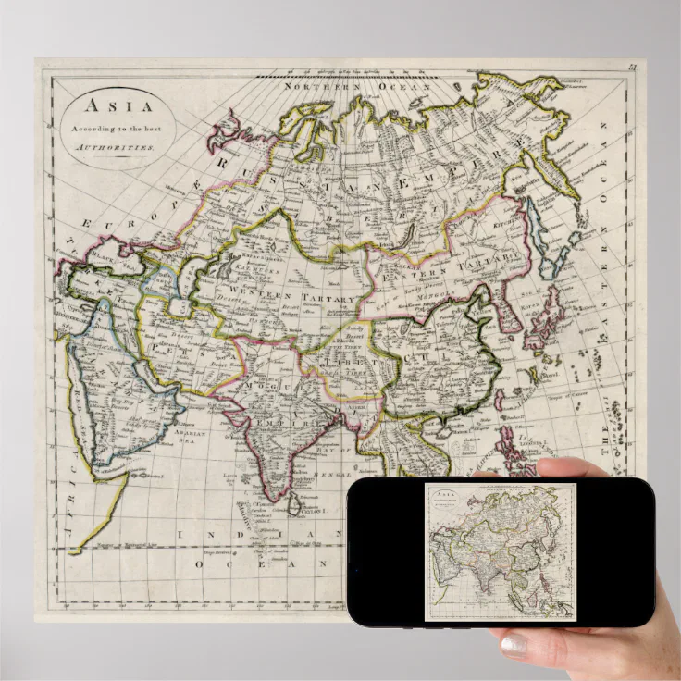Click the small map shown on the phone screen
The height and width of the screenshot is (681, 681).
pyautogui.click(x=501, y=551)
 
